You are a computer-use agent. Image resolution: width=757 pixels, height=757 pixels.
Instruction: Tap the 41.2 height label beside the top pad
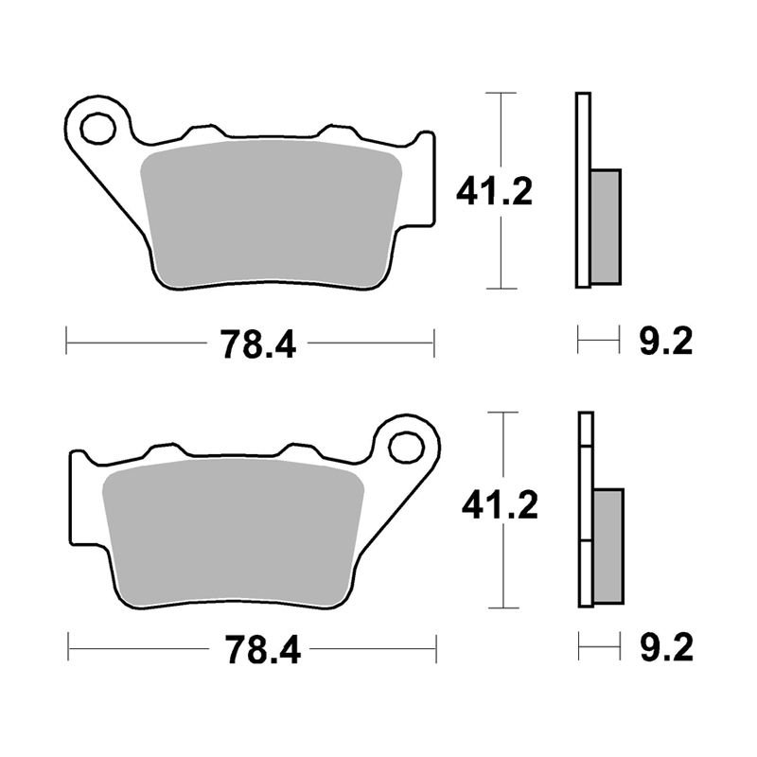click(x=494, y=192)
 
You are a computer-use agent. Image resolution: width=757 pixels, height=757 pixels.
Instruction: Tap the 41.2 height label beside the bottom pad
click(x=500, y=505)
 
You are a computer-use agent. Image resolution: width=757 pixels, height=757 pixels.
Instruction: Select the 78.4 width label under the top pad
click(x=257, y=344)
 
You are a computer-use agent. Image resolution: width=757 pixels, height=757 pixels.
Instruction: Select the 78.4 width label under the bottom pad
click(x=263, y=650)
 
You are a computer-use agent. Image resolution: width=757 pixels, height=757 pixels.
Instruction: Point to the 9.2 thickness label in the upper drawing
click(x=666, y=342)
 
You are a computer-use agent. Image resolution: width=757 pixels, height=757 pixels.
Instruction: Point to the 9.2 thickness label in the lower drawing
click(x=667, y=647)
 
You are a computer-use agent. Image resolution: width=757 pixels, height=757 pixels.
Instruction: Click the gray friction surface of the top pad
click(x=271, y=212)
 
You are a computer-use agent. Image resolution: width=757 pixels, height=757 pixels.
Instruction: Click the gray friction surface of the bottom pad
click(x=233, y=531)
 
